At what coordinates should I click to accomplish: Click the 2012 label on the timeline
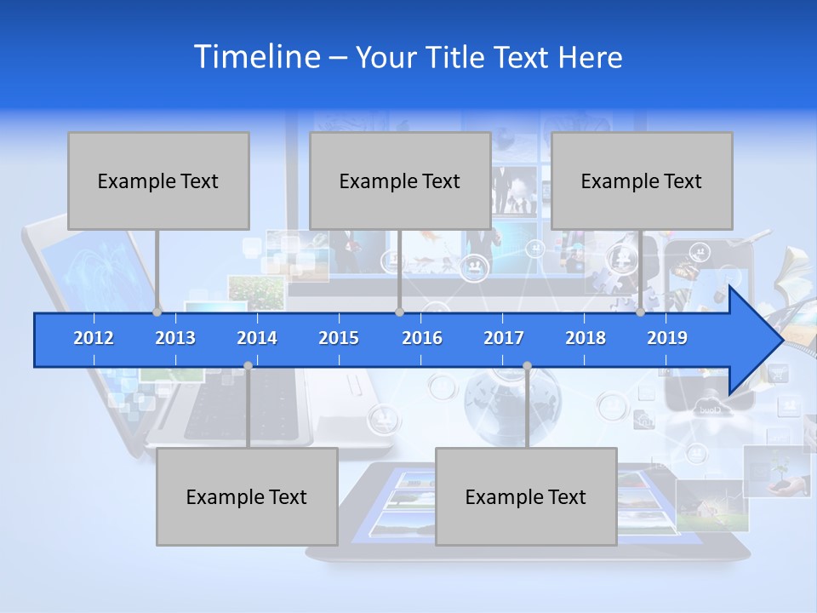coord(94,338)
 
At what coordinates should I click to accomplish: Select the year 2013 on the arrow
coord(175,338)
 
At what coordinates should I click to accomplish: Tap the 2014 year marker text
coord(257,338)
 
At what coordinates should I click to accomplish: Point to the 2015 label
coord(339,338)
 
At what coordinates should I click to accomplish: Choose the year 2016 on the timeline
coord(422,338)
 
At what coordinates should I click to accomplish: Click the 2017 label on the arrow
coord(504,338)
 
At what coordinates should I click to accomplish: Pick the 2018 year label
coord(586,338)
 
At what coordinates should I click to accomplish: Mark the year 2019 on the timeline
coord(667,338)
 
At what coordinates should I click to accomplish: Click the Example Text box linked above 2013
coord(158,180)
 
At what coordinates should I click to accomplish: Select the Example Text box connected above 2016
coord(400,180)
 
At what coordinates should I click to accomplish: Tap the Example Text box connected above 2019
coord(642,180)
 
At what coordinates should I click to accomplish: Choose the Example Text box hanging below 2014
coord(247,496)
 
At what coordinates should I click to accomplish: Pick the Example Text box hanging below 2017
coord(526,496)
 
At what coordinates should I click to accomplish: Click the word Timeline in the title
coord(256,57)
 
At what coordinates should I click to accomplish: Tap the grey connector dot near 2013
coord(157,312)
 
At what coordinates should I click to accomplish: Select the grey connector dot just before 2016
coord(399,312)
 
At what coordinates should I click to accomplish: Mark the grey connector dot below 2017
coord(527,366)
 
